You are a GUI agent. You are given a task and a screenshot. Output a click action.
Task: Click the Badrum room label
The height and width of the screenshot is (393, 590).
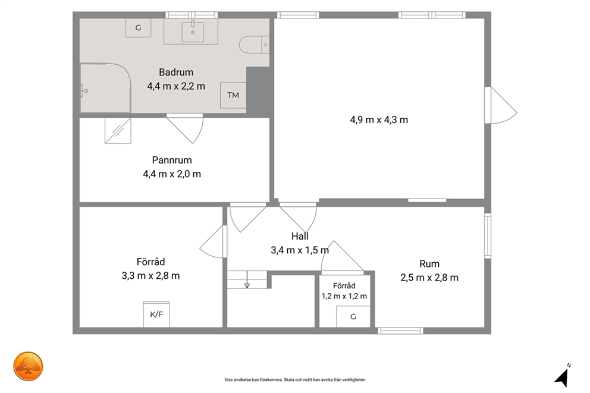point(175,72)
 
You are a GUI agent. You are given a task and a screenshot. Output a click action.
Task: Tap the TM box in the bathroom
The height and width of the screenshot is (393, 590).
point(233,95)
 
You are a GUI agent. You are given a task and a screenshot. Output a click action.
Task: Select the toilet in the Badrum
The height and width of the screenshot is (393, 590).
point(254,45)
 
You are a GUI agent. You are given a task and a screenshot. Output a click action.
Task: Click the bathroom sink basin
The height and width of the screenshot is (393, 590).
point(193,32)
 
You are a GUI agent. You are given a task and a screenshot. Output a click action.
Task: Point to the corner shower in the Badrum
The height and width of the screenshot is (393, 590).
point(105,88)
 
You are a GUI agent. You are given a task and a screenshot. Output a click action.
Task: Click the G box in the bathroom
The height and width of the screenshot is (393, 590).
point(138,28)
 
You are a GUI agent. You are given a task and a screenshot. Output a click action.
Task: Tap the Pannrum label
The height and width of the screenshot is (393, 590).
point(172,160)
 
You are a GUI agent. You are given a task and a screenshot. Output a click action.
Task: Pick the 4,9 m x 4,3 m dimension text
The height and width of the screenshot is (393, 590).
point(379,120)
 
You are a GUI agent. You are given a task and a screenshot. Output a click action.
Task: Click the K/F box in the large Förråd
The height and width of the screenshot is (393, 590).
point(156,315)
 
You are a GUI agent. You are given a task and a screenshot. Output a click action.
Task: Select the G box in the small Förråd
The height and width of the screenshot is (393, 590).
point(353,317)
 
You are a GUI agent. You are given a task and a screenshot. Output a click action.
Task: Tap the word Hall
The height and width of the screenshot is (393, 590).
point(300,236)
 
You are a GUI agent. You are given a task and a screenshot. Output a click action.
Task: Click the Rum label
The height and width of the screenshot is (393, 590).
point(429,264)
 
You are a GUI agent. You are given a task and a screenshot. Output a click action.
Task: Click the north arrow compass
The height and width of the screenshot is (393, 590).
point(562,376)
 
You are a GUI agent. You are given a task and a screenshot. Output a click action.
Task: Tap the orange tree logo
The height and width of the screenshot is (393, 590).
point(28,366)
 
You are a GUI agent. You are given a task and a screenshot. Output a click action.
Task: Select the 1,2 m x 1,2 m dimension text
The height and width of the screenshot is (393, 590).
point(344,296)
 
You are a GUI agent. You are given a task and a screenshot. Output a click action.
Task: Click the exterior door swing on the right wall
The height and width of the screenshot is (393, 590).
point(500,105)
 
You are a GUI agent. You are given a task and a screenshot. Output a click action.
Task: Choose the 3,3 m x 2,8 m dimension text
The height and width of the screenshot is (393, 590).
point(150,276)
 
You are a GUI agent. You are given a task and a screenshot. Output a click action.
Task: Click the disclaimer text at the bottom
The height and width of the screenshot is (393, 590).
point(295,380)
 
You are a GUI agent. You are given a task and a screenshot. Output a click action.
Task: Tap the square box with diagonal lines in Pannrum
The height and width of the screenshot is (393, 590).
point(118,130)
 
